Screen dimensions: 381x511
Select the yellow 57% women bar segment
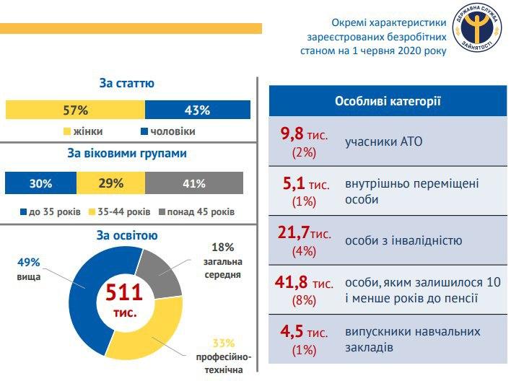coord(75,110)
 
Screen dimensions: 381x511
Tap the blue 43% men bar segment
coord(198,110)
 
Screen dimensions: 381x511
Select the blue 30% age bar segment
coord(40,183)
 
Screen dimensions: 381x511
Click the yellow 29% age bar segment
coord(110,183)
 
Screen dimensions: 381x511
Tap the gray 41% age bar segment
coord(194,183)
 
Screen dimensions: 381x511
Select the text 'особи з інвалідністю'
coord(403,241)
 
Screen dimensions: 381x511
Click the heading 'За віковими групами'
coord(127,154)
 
